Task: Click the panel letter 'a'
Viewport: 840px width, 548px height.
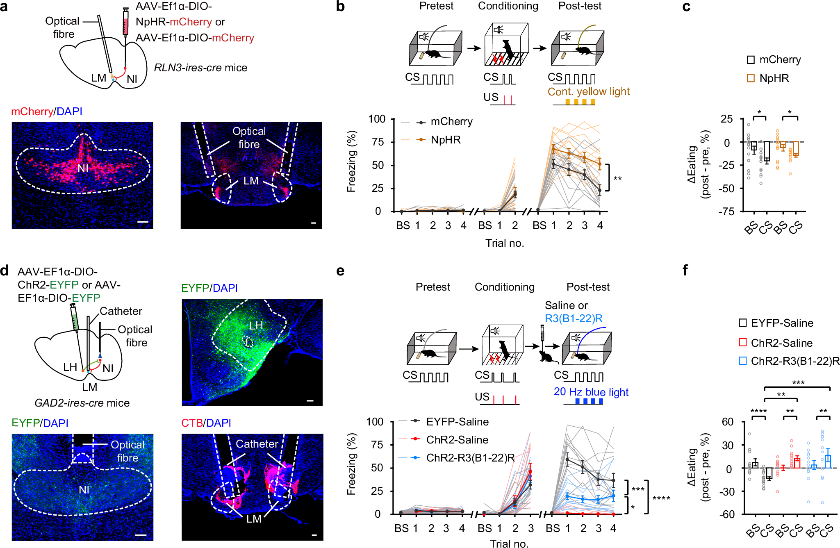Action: click(x=4, y=7)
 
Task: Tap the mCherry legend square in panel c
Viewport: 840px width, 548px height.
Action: click(x=751, y=60)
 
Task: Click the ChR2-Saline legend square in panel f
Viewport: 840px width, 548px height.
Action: click(x=742, y=342)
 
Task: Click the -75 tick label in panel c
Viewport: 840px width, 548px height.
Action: click(x=726, y=211)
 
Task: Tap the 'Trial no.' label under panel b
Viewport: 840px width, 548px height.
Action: click(x=505, y=243)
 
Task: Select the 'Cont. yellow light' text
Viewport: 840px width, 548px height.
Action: click(x=588, y=92)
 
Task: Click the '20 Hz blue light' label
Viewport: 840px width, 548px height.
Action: click(x=591, y=392)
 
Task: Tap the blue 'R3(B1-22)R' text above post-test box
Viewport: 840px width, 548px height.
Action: click(x=574, y=318)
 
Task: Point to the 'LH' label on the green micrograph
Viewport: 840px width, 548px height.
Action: click(x=256, y=325)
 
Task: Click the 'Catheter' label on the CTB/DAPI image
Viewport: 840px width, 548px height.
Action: click(x=257, y=444)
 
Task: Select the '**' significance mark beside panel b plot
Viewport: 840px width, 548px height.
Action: click(x=617, y=179)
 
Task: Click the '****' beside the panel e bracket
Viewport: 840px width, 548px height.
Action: click(x=661, y=499)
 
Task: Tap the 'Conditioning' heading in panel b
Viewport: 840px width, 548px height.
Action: click(x=508, y=6)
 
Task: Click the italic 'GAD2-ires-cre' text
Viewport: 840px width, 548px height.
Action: click(x=69, y=403)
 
